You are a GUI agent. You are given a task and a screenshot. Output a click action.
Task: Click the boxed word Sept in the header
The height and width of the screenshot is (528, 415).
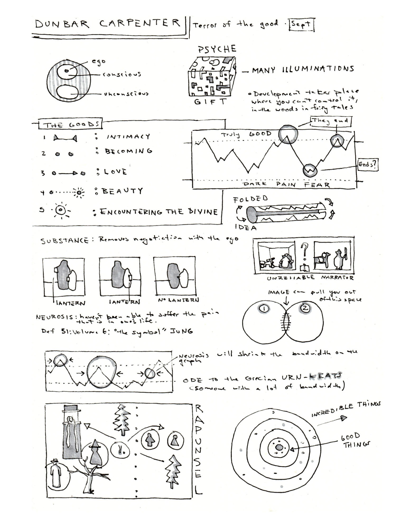click(x=301, y=25)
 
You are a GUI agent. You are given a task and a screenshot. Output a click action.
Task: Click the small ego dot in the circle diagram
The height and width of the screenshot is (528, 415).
click(x=67, y=70)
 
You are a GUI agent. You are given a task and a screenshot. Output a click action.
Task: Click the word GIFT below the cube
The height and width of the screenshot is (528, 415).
click(x=210, y=102)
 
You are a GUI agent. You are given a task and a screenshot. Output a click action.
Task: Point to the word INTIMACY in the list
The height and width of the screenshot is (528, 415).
click(x=128, y=136)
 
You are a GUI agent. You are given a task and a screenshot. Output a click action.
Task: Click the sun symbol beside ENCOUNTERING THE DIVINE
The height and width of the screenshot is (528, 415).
click(x=62, y=210)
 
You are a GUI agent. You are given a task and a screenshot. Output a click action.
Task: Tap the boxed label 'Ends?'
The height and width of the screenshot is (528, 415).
click(x=367, y=165)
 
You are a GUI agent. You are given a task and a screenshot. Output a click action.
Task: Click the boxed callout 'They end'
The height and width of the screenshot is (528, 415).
click(x=331, y=121)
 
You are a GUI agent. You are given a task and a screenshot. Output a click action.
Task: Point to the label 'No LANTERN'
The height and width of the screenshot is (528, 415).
click(x=179, y=300)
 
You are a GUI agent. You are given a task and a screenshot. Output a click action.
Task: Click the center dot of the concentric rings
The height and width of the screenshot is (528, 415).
click(x=279, y=447)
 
